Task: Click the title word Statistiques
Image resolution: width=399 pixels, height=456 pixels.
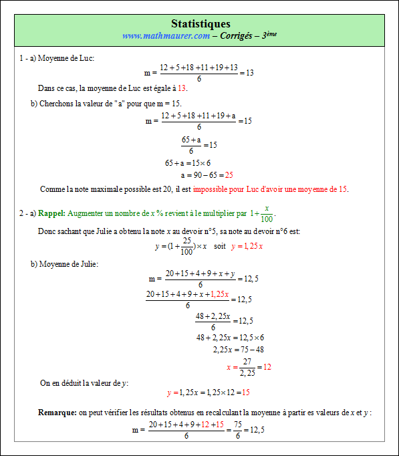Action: (x=201, y=24)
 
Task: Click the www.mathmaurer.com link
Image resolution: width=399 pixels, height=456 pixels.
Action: (x=166, y=35)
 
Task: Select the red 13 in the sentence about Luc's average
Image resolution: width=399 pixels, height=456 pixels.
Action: (x=182, y=88)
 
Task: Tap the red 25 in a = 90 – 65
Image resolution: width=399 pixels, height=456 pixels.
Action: (x=229, y=175)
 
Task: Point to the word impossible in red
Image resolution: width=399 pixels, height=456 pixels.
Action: (x=211, y=189)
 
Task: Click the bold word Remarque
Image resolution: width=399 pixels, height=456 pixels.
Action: (x=57, y=413)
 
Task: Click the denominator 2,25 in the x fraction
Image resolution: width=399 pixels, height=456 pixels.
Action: (x=247, y=372)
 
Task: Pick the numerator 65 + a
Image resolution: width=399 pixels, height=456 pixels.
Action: (x=191, y=139)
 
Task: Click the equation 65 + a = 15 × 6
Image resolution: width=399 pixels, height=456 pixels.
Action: (x=188, y=163)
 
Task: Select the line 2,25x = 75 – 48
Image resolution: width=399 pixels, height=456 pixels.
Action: (x=239, y=349)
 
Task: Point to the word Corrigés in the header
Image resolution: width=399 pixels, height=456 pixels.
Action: (x=240, y=35)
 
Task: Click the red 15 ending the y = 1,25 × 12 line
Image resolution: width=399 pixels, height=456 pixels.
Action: (x=246, y=392)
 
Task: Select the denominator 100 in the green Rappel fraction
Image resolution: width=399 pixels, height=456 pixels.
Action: (x=267, y=219)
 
